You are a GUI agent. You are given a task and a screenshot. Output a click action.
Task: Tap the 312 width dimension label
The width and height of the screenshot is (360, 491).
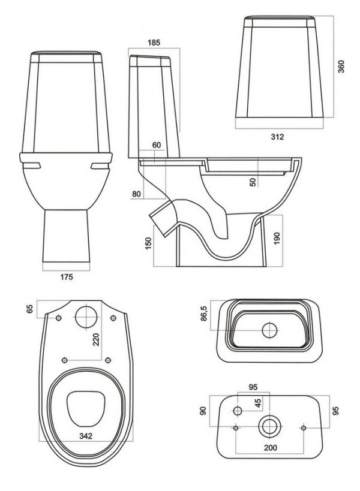(277, 137)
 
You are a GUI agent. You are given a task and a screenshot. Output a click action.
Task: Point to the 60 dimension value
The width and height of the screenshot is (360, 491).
(157, 145)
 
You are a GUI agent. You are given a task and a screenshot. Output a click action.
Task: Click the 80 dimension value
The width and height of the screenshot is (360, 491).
(137, 194)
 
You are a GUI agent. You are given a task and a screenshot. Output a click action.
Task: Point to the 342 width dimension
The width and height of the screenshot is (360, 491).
(86, 436)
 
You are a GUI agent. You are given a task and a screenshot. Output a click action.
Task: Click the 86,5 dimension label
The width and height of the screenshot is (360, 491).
(204, 316)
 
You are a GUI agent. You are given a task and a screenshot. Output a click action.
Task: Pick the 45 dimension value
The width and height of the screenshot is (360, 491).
(259, 403)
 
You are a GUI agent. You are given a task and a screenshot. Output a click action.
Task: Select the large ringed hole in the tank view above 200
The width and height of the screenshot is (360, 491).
(269, 427)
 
